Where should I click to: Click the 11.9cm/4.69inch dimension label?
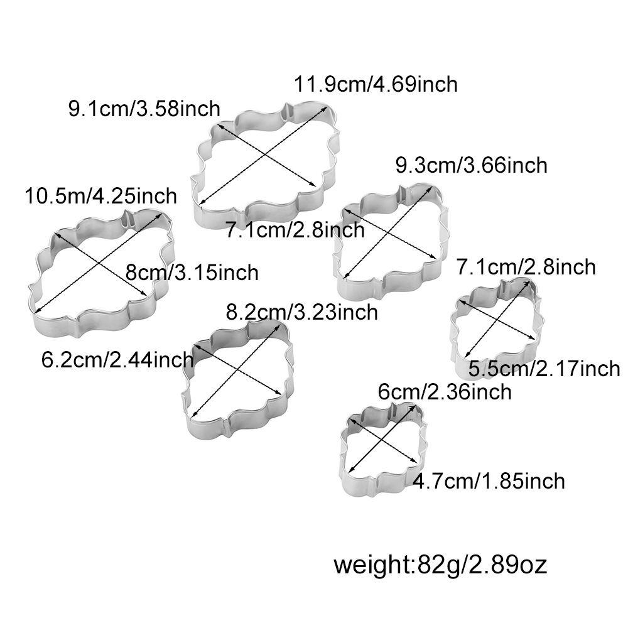click(376, 84)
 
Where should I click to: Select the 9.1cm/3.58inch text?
click(144, 109)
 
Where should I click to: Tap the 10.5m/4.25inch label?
click(100, 196)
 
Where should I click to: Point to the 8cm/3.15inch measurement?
click(192, 273)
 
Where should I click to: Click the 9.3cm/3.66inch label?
click(471, 165)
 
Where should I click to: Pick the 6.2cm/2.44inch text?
click(117, 360)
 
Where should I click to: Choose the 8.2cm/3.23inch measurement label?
click(301, 311)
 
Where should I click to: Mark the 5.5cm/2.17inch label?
click(544, 369)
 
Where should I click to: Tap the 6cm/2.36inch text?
click(445, 392)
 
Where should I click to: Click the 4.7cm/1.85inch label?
click(489, 481)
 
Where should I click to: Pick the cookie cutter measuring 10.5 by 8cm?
click(100, 270)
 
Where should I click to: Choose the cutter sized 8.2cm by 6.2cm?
click(237, 377)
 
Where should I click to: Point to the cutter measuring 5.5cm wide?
click(496, 323)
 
